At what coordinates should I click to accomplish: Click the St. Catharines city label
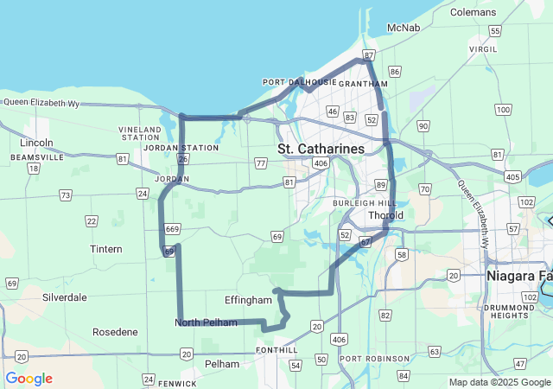point(321,150)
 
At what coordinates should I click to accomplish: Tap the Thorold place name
point(385,214)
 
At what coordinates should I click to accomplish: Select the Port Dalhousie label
point(297,83)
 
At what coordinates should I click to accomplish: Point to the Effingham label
point(248,300)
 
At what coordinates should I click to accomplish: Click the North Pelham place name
point(206,323)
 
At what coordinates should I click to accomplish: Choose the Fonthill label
point(276,350)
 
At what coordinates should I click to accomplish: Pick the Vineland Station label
point(141,133)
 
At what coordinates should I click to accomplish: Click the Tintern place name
point(106,249)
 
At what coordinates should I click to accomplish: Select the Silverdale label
point(64,297)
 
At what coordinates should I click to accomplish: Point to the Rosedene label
point(115,332)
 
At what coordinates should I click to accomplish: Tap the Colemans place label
point(474,12)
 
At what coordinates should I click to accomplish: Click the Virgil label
point(483,49)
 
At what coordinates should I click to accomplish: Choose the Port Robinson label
point(375,359)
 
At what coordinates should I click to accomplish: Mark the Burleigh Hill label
point(363,202)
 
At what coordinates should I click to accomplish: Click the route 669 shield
point(173,229)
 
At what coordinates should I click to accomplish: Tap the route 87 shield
point(369,55)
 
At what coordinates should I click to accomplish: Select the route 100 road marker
point(503,109)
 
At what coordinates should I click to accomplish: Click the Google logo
point(29,379)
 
